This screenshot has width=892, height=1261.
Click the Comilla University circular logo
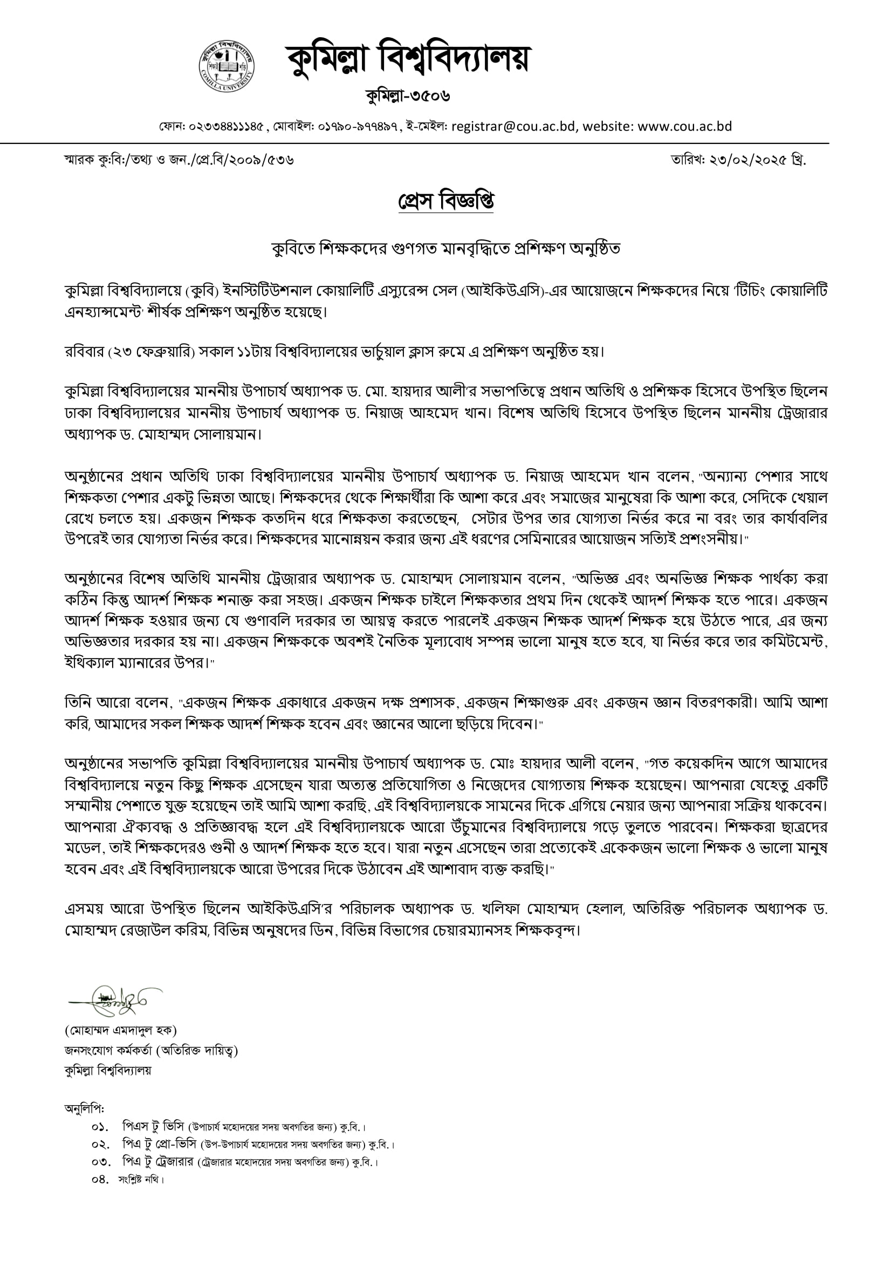(x=227, y=65)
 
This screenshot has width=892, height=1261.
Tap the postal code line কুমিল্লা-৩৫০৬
(x=408, y=96)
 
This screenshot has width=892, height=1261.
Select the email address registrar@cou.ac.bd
(x=513, y=126)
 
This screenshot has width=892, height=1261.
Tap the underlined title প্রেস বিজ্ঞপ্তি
(x=445, y=202)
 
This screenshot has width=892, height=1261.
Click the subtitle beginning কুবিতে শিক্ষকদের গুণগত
(x=445, y=248)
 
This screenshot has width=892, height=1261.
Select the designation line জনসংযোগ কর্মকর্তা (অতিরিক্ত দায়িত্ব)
(x=151, y=1051)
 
